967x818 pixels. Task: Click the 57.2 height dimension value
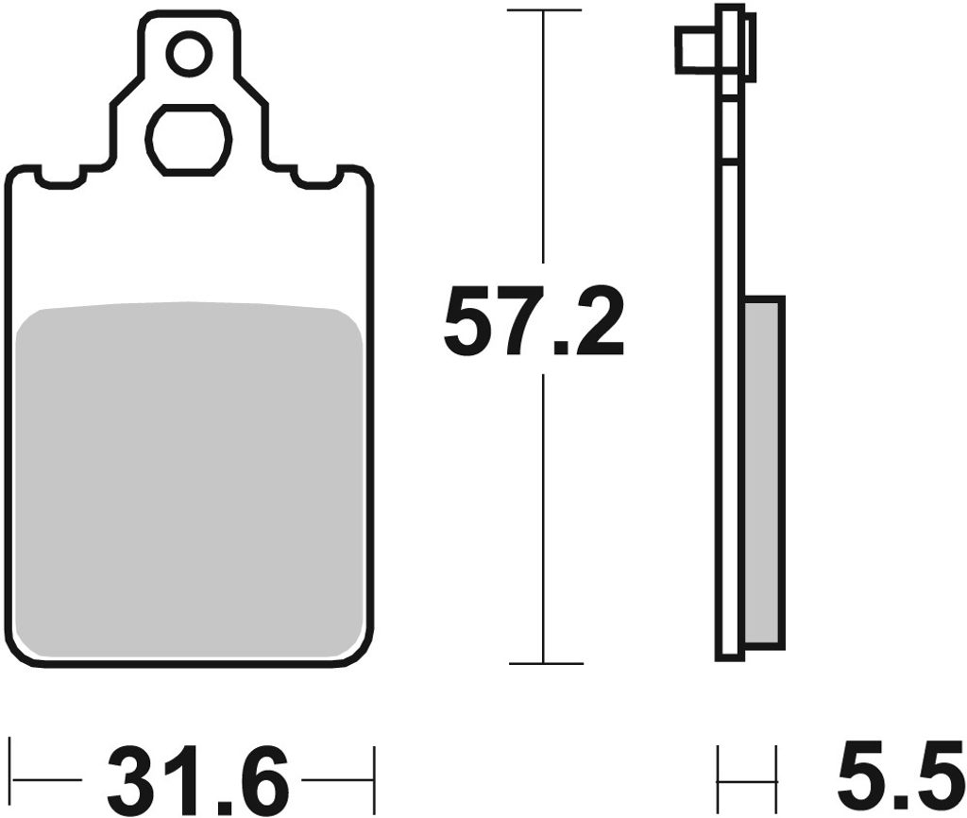click(534, 321)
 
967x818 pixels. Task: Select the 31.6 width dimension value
click(197, 780)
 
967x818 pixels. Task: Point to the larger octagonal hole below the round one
click(189, 139)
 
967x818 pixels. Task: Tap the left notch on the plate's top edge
click(59, 177)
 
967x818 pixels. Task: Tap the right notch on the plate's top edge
click(318, 177)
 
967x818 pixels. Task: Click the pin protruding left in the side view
click(697, 50)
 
